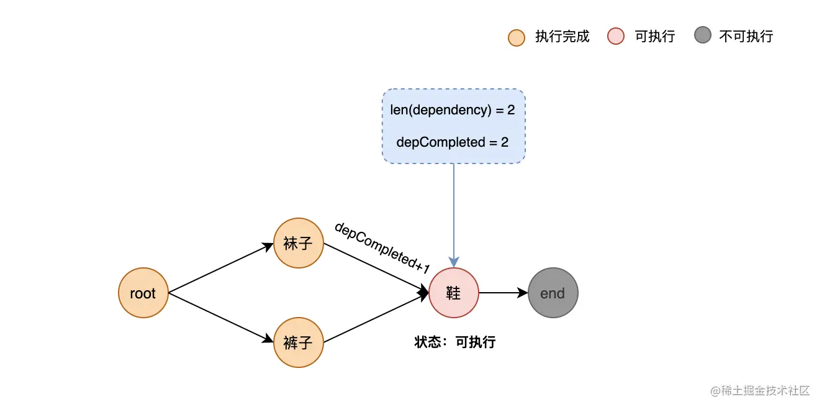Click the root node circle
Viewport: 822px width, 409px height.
(x=143, y=293)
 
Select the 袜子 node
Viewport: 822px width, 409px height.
(x=299, y=243)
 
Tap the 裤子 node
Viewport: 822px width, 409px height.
(x=299, y=342)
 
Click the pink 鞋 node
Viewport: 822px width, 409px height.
(x=454, y=293)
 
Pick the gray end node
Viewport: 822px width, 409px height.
(x=553, y=293)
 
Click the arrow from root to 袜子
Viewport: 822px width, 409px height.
(x=220, y=268)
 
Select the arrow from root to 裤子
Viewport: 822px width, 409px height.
(x=220, y=318)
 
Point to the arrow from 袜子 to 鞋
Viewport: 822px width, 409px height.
(x=376, y=268)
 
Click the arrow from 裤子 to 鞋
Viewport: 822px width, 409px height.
(x=376, y=318)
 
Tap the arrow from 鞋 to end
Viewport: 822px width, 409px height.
(x=503, y=293)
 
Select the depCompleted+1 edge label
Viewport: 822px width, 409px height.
(x=382, y=248)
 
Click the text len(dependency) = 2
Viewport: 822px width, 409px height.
(x=453, y=110)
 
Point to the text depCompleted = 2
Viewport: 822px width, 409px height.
(x=453, y=142)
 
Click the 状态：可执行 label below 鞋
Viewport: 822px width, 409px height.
(x=455, y=342)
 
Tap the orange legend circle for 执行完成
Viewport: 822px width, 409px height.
(x=517, y=37)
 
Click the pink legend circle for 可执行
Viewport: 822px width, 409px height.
(x=616, y=37)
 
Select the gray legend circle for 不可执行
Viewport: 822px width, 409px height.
(x=702, y=36)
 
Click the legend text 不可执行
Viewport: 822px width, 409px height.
(x=746, y=37)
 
